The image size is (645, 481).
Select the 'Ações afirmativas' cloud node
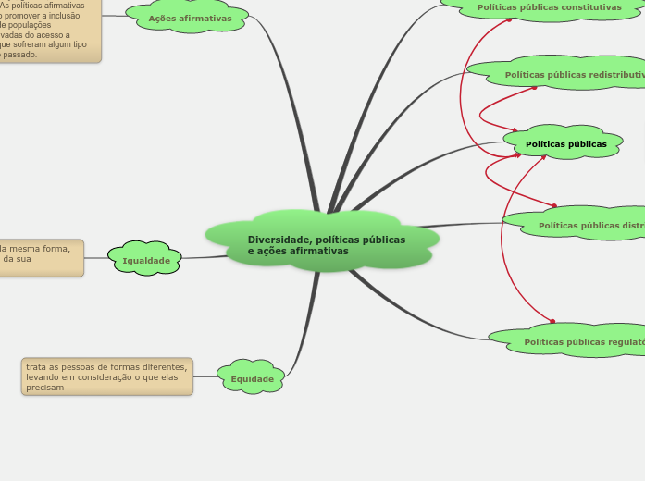[x=189, y=18]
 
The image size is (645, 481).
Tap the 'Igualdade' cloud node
[x=145, y=260]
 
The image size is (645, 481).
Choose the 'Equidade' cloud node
[x=251, y=378]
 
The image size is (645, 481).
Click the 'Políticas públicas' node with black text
[x=565, y=143]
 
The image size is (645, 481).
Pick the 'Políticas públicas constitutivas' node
[x=548, y=7]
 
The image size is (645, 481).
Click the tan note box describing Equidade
[x=107, y=376]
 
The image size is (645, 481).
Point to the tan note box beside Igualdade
[x=41, y=258]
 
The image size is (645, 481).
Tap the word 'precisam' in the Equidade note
[x=45, y=388]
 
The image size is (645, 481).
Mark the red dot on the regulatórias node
[x=552, y=322]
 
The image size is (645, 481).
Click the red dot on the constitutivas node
[x=509, y=18]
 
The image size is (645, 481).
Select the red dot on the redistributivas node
[x=536, y=88]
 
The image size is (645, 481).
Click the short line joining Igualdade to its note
[x=96, y=259]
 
